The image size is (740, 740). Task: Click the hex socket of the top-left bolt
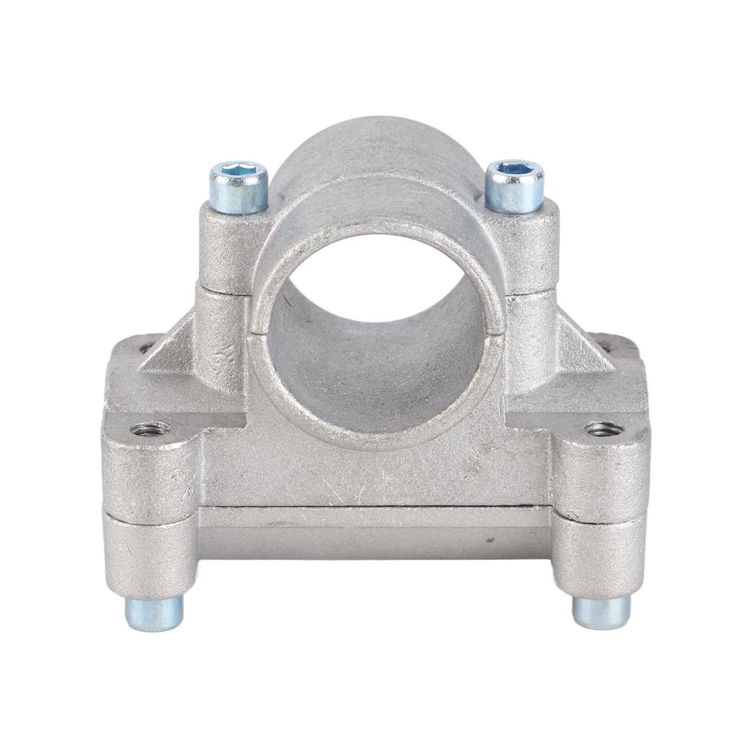[239, 171]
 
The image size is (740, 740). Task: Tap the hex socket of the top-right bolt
[515, 169]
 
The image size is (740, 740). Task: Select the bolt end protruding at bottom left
[154, 613]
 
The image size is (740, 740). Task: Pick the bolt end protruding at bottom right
[601, 611]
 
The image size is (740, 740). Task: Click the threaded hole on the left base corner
[150, 430]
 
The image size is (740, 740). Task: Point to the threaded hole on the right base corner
[603, 429]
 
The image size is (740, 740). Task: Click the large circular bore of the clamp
[376, 340]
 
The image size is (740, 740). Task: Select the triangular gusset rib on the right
[582, 351]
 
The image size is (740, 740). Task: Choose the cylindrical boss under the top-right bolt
[531, 246]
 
